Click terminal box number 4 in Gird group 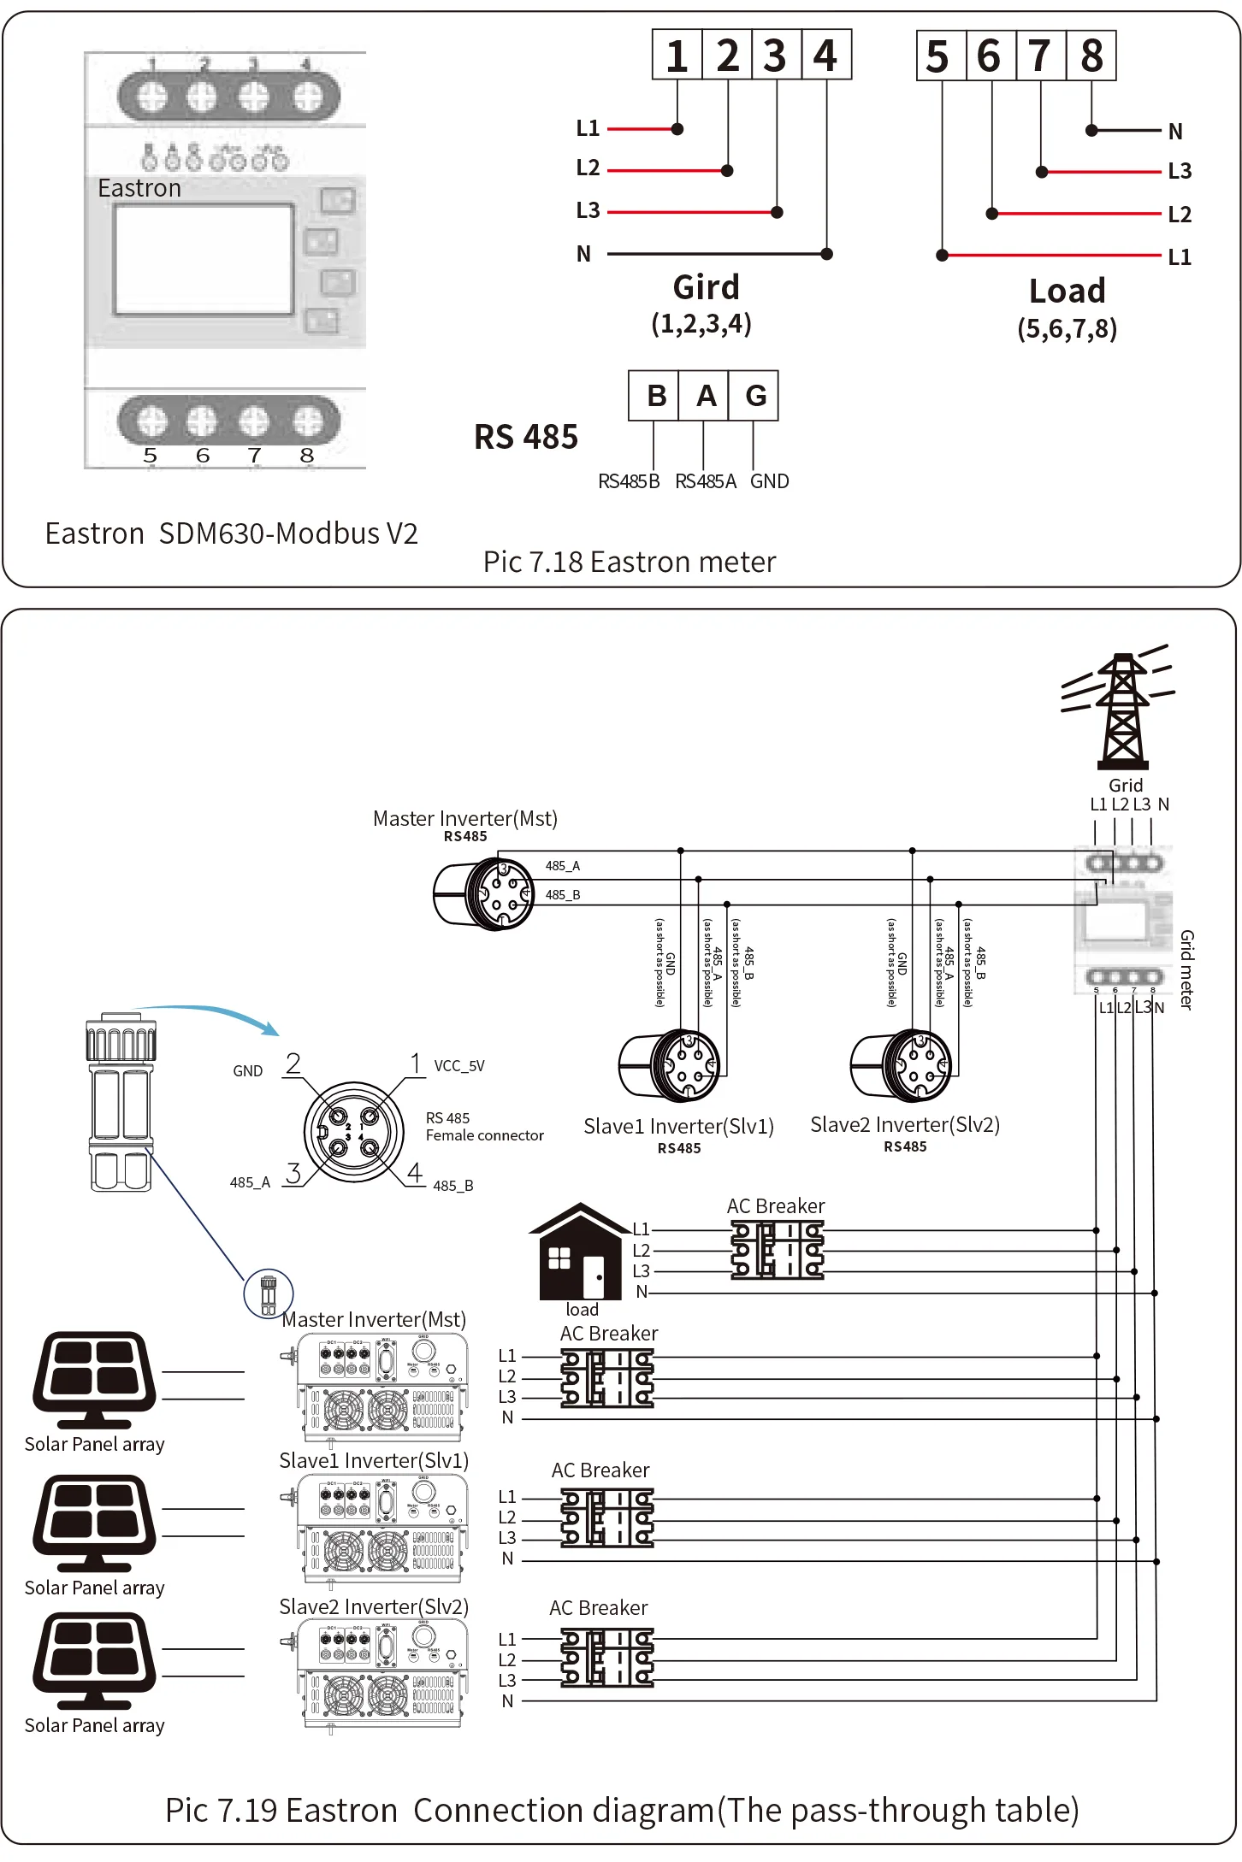(825, 56)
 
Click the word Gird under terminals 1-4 (706, 287)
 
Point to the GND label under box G (769, 481)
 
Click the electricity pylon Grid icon (1121, 711)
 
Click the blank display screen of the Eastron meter (204, 259)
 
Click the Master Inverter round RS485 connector (485, 894)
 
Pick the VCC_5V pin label (459, 1066)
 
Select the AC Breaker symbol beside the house (777, 1250)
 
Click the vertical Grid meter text (1186, 969)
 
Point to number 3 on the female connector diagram (293, 1173)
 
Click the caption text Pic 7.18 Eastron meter (630, 562)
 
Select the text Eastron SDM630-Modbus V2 (231, 533)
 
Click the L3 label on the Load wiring (1179, 171)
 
